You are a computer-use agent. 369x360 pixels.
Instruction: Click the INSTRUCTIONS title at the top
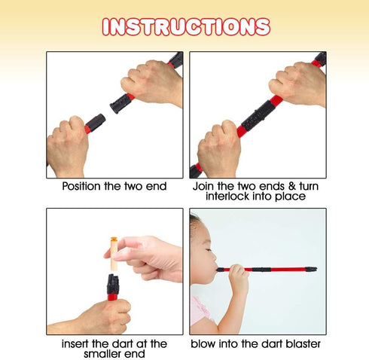(186, 26)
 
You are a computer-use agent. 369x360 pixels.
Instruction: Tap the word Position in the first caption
(81, 186)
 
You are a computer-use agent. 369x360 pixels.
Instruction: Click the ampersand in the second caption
(291, 186)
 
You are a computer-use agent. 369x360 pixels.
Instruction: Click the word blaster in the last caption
(303, 343)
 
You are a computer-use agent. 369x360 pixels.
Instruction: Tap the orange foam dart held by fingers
(114, 254)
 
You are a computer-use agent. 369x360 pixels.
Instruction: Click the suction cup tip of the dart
(114, 238)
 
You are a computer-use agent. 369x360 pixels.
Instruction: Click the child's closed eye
(208, 250)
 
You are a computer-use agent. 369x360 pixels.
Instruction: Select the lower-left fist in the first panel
(67, 147)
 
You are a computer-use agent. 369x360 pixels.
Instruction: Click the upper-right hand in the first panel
(152, 82)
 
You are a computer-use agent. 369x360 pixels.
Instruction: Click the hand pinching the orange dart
(148, 259)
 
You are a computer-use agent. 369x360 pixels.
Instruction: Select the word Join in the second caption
(203, 186)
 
